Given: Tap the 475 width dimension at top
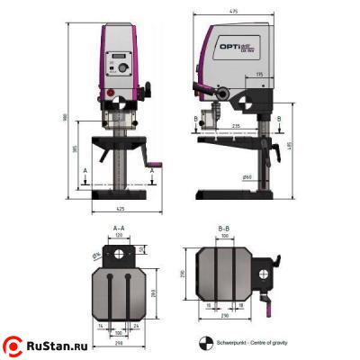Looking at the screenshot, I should pyautogui.click(x=233, y=11).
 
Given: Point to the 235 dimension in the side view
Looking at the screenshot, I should pyautogui.click(x=236, y=126).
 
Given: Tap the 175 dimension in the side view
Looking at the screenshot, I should pyautogui.click(x=259, y=74).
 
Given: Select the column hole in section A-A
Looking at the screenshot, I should pyautogui.click(x=119, y=256).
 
